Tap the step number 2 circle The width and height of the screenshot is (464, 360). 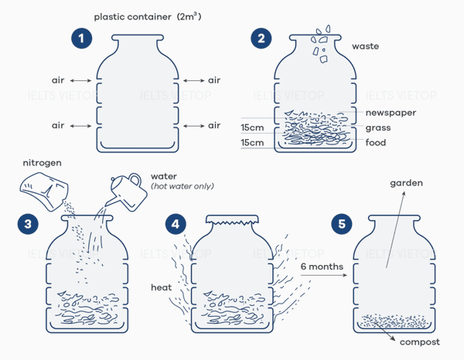(x=261, y=38)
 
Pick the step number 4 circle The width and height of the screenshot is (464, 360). (x=178, y=224)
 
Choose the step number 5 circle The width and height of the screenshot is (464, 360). (x=340, y=224)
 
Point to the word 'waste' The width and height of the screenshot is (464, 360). (x=365, y=46)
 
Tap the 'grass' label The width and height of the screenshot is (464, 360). (x=378, y=127)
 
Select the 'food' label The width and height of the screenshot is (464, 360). (x=376, y=143)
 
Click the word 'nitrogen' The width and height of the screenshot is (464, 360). (x=42, y=164)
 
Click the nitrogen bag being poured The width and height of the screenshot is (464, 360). (x=43, y=189)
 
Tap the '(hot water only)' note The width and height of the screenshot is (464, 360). (x=182, y=187)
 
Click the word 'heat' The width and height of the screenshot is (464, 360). (x=161, y=287)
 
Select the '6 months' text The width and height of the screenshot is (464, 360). (x=319, y=267)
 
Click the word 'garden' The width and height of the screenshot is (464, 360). (x=407, y=183)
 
